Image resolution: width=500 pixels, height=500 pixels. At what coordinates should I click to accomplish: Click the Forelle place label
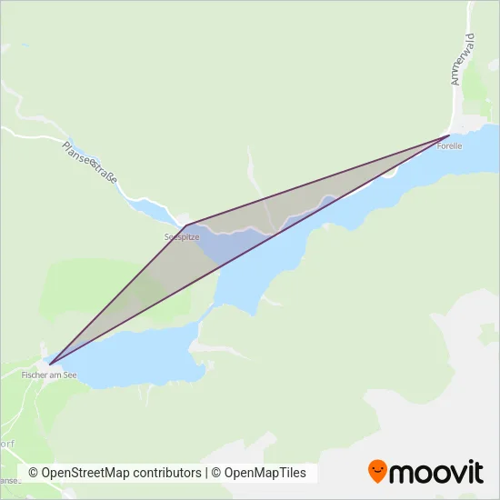coord(450,145)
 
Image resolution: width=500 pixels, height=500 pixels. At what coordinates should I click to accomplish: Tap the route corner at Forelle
coord(449,135)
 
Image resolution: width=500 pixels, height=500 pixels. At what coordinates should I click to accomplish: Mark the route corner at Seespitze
coord(186,225)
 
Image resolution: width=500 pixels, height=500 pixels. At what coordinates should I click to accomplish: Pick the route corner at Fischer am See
coord(50,364)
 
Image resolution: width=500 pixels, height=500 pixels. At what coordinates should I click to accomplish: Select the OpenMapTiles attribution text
coord(265,473)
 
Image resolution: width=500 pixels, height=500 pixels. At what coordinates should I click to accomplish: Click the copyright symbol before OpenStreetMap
coord(34,473)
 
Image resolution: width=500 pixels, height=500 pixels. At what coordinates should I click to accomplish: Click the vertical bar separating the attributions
coord(206,473)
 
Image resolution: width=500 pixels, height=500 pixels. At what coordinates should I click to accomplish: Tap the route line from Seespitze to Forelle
coord(318,180)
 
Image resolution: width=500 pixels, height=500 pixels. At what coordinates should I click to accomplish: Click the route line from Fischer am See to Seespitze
coord(118,295)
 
